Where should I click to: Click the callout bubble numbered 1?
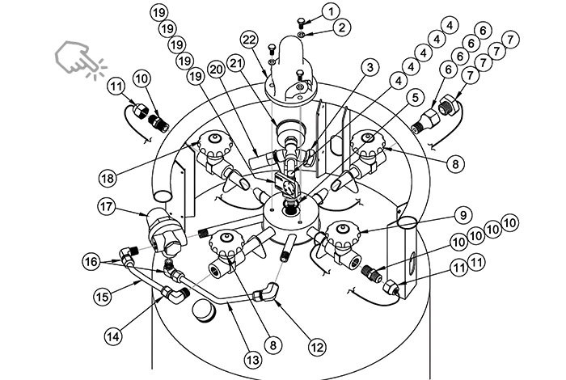331,12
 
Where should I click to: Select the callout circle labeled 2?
341,27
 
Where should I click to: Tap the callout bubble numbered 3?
370,67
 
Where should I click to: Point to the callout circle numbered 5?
415,98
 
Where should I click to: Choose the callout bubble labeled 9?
463,215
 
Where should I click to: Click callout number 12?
317,347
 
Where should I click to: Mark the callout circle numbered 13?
252,360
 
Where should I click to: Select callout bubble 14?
113,336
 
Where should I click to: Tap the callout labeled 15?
103,297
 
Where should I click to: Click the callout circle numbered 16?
91,261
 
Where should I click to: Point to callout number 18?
108,178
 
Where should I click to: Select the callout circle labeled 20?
217,70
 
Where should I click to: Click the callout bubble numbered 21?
235,64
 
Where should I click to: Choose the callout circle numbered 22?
250,40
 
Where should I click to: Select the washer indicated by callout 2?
301,34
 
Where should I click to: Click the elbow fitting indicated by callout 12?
266,292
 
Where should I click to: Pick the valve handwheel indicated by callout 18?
214,144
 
